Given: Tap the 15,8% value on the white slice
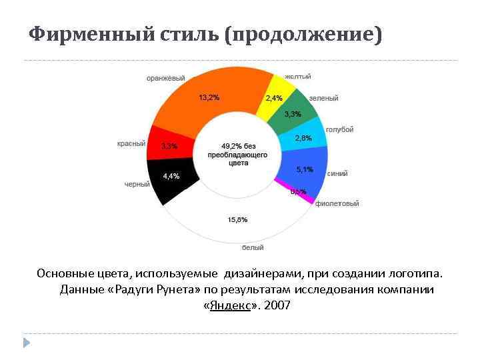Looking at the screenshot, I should [x=237, y=219].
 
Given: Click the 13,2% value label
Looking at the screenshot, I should [x=209, y=97].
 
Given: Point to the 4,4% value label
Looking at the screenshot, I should [x=171, y=176].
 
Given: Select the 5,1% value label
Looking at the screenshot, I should [x=305, y=169].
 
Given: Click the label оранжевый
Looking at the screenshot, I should [x=165, y=79].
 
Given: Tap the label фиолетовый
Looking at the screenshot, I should [x=337, y=203].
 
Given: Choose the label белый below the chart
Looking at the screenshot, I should [x=252, y=247].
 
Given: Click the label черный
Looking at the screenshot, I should [x=137, y=184].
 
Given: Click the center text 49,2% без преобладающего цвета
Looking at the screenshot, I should [x=237, y=154].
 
